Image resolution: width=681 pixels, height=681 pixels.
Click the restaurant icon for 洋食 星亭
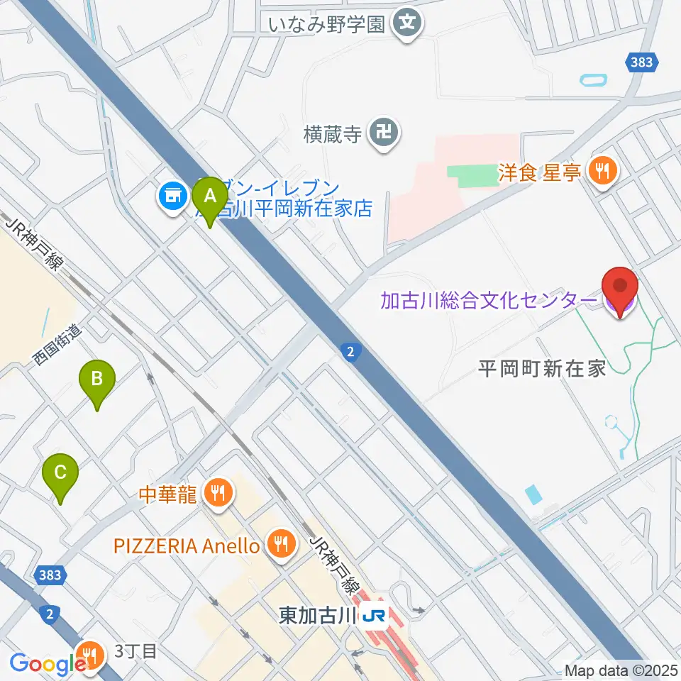603,170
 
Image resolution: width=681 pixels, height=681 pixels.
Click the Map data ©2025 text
620,670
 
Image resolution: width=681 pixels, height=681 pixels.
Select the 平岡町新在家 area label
541,368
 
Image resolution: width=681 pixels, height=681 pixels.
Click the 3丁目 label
135,651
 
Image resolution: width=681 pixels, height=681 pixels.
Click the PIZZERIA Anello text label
187,546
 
